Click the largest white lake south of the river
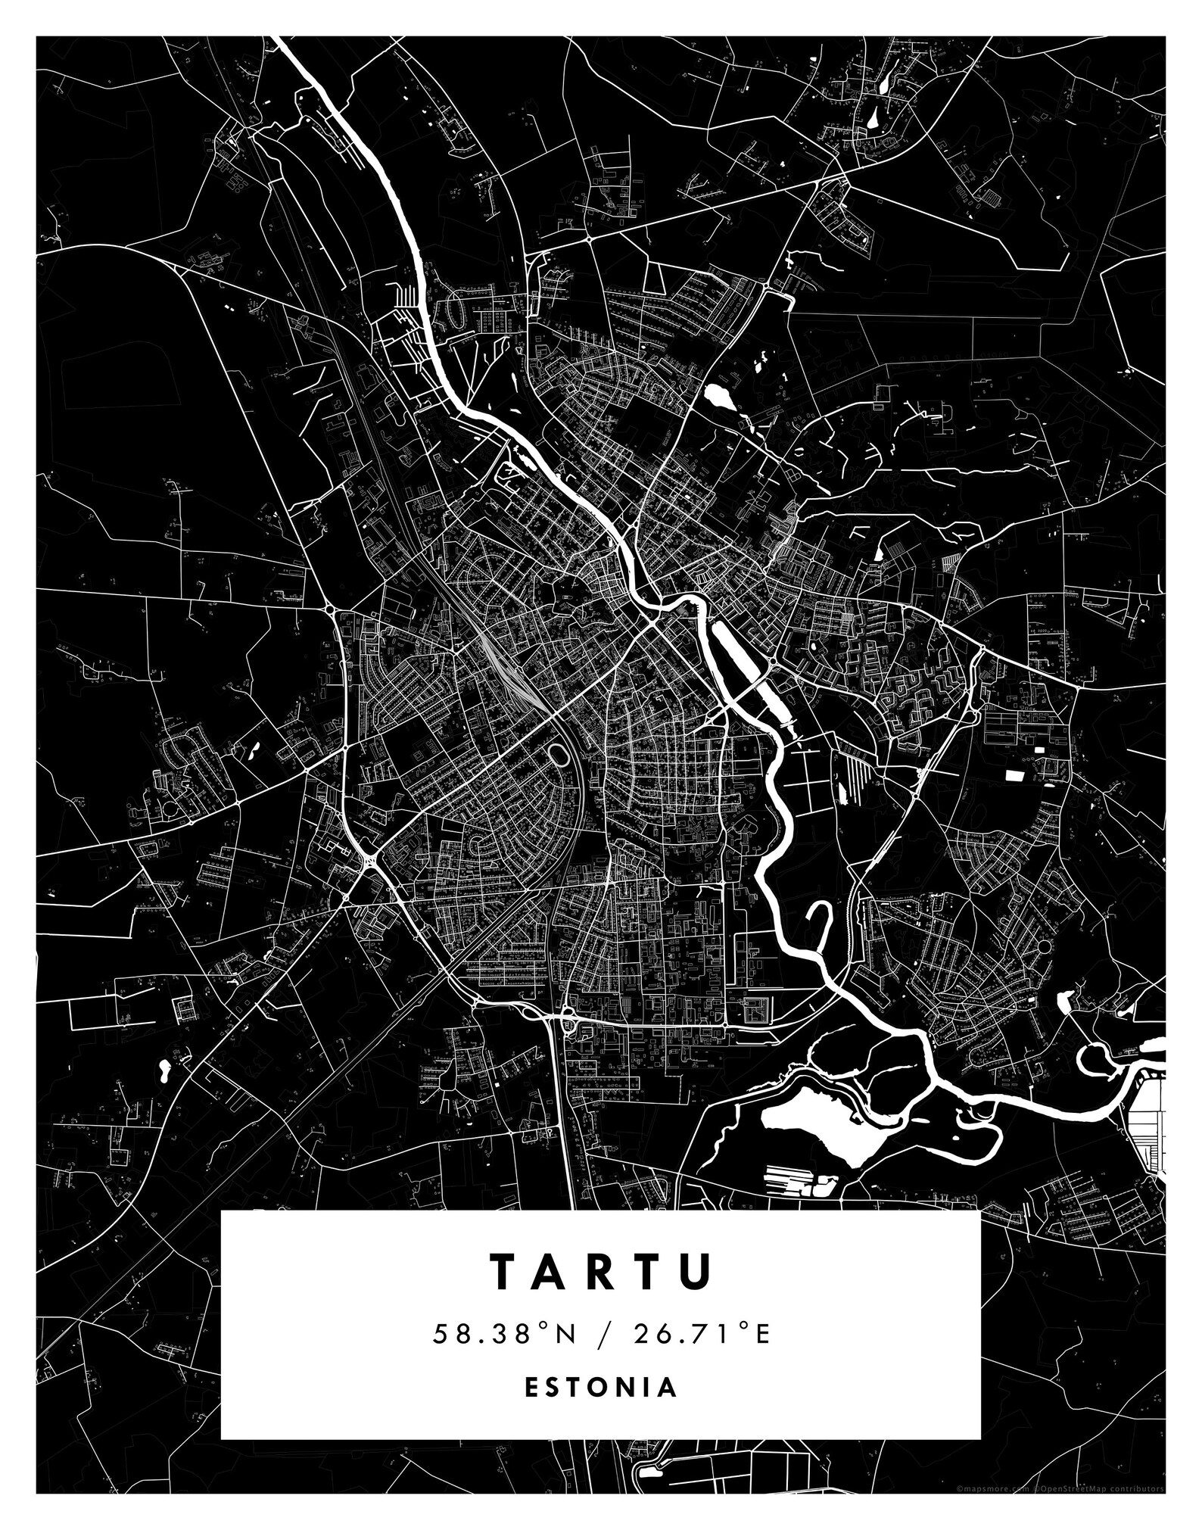pos(817,1128)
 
